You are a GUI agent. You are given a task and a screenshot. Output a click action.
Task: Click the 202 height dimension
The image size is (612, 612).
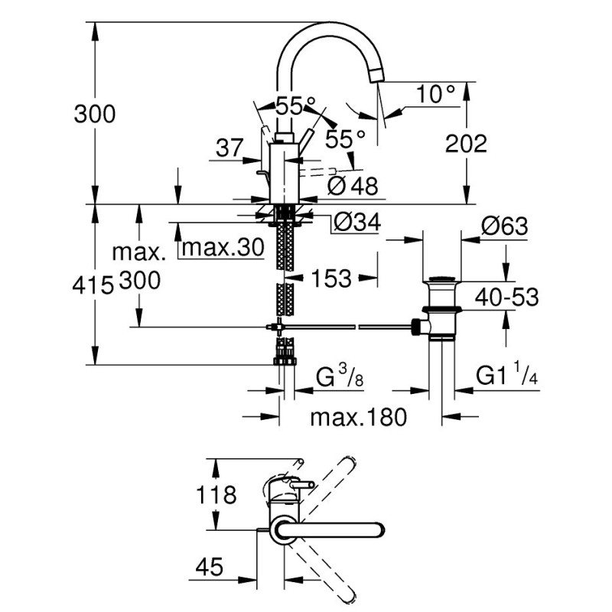(466, 144)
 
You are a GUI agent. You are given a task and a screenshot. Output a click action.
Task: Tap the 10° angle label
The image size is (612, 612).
(435, 94)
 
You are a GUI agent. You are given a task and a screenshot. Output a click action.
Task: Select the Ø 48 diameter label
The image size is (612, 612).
(353, 186)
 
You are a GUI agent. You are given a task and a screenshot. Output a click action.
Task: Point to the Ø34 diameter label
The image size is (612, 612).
(357, 223)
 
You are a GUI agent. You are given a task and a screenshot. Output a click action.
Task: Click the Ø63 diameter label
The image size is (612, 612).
(505, 226)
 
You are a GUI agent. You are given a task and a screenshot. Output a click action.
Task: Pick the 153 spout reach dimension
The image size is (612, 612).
(331, 278)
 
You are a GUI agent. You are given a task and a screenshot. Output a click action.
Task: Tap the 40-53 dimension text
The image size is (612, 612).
(506, 297)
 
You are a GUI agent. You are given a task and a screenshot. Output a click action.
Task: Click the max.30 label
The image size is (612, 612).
(223, 247)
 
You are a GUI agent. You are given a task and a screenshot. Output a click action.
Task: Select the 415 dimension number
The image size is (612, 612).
(93, 285)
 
